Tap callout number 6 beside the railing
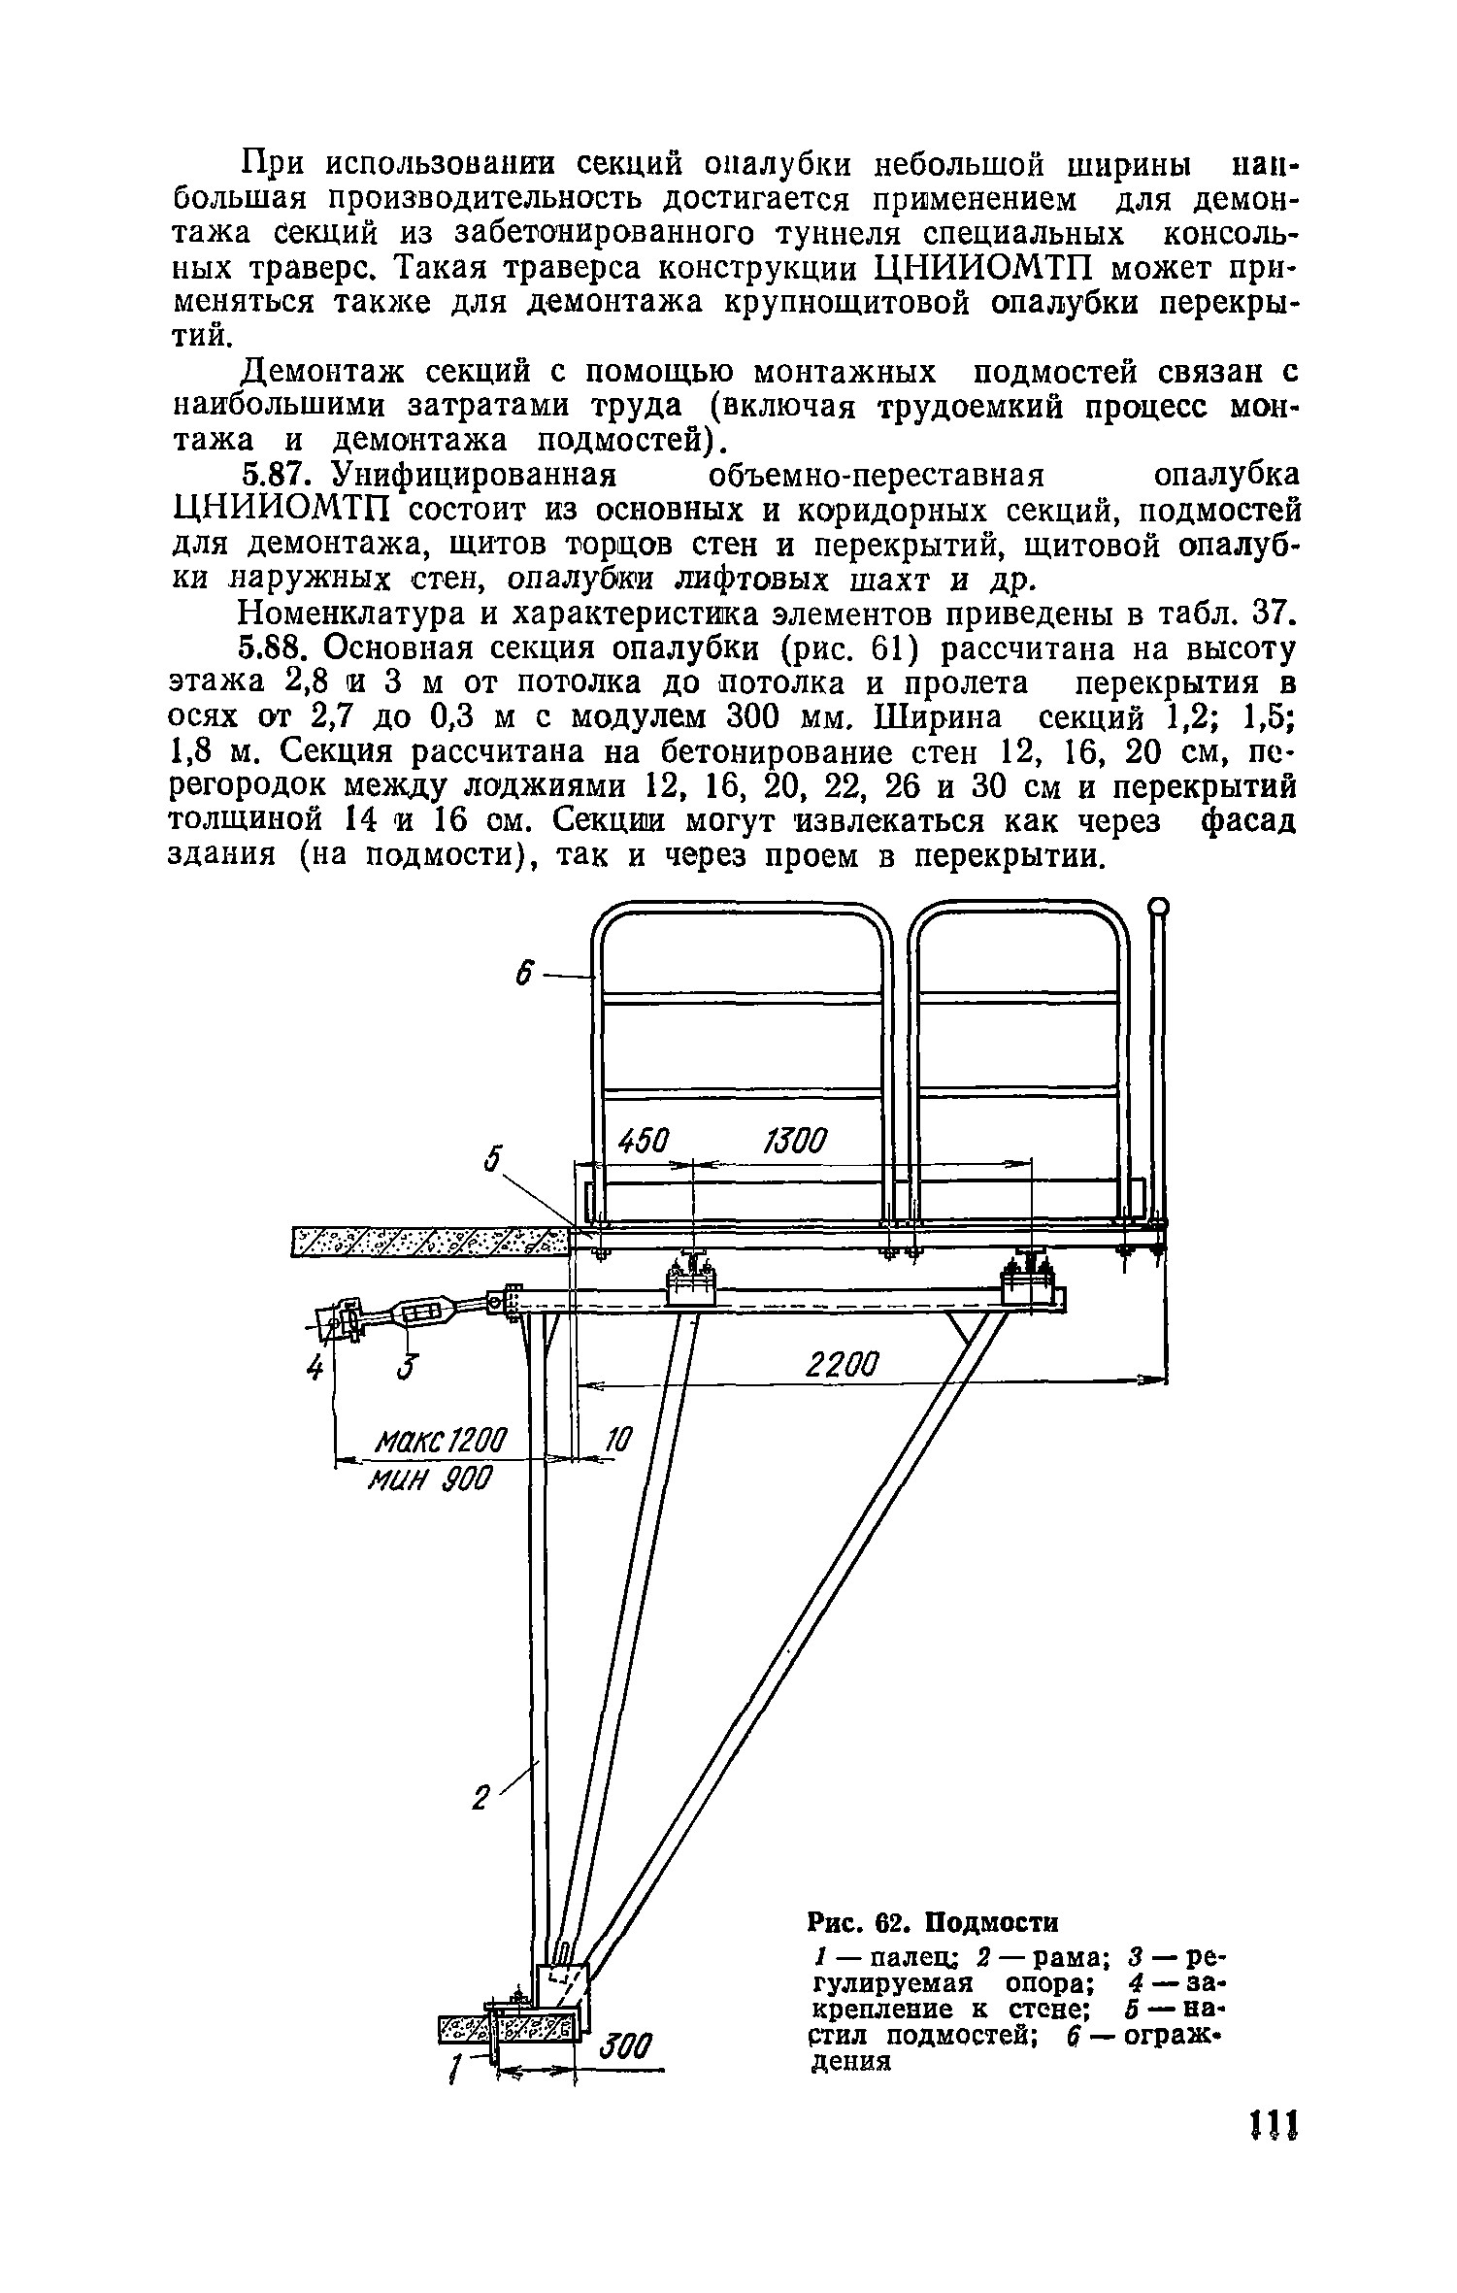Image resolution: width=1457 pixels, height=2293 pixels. click(525, 975)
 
